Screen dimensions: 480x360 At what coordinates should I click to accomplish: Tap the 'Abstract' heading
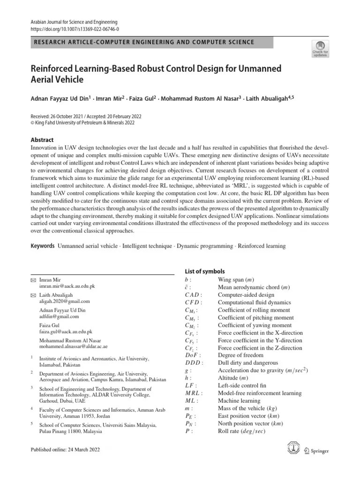[42, 140]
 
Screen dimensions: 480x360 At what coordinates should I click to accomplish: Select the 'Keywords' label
[43, 246]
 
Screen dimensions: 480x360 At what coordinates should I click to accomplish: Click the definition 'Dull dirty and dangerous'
[247, 363]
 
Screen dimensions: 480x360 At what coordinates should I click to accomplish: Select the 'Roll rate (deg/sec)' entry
[241, 431]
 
